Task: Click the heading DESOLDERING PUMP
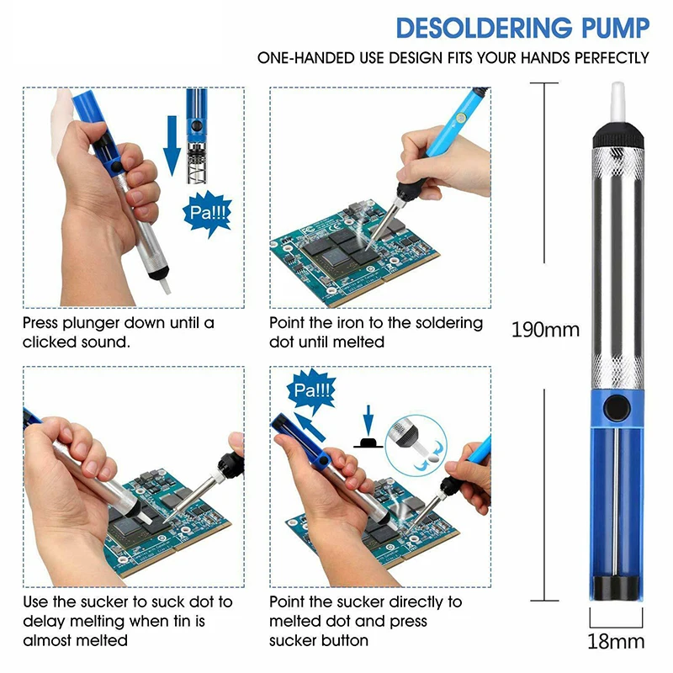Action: pos(522,28)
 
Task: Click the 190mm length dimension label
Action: pos(545,329)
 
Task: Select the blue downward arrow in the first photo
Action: pos(172,148)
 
